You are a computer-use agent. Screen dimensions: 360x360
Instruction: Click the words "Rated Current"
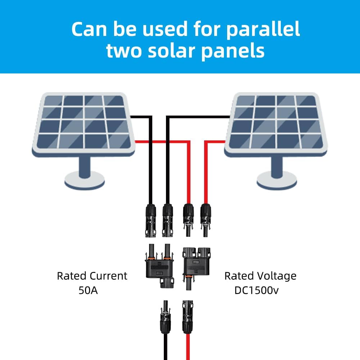[x=92, y=276]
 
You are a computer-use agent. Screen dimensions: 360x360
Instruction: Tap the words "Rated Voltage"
[x=260, y=276]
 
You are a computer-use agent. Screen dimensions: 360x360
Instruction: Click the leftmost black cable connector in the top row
[x=150, y=220]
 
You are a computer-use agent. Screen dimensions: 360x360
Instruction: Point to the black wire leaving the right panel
[x=198, y=117]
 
